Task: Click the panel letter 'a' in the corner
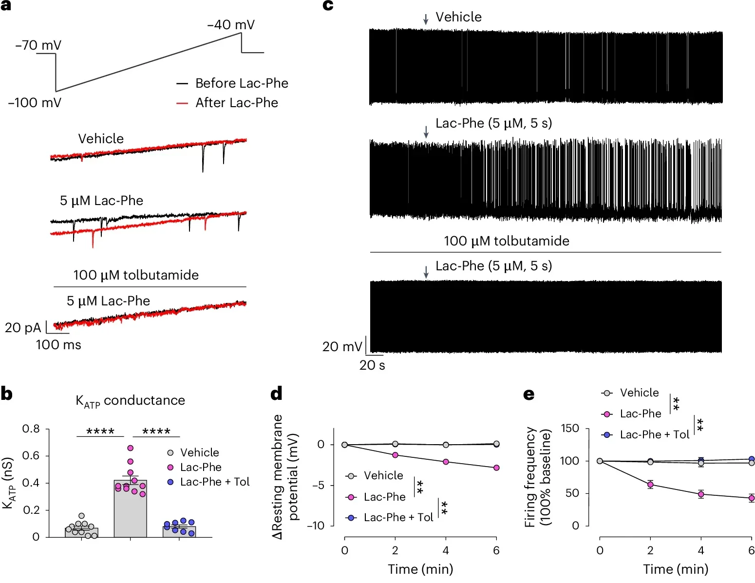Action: pyautogui.click(x=6, y=6)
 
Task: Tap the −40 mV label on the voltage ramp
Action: pyautogui.click(x=230, y=25)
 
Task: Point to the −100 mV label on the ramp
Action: pyautogui.click(x=35, y=103)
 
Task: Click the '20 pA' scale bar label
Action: pyautogui.click(x=23, y=328)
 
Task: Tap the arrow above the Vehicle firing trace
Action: pyautogui.click(x=426, y=19)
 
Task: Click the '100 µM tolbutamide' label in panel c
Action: pyautogui.click(x=506, y=241)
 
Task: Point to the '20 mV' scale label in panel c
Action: pyautogui.click(x=342, y=347)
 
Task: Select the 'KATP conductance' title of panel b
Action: pyautogui.click(x=130, y=401)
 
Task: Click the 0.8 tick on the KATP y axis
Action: pyautogui.click(x=31, y=429)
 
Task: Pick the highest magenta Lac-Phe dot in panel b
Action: pyautogui.click(x=130, y=448)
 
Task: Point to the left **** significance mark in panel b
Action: pyautogui.click(x=100, y=432)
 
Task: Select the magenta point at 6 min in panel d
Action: pyautogui.click(x=496, y=468)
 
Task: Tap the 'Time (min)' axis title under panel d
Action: pyautogui.click(x=420, y=569)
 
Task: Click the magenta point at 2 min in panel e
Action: pyautogui.click(x=650, y=484)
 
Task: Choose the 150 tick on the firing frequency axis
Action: pyautogui.click(x=570, y=429)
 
